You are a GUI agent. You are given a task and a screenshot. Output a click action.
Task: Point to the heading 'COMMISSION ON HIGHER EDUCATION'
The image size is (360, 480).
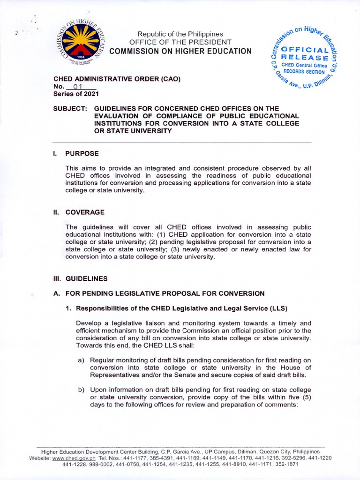(180, 51)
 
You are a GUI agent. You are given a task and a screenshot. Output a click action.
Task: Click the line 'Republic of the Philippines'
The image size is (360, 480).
(180, 34)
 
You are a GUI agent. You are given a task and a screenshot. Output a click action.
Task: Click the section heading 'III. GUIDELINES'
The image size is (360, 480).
(80, 278)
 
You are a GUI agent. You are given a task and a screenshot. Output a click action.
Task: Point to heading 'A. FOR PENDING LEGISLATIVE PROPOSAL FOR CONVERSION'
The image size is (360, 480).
(159, 293)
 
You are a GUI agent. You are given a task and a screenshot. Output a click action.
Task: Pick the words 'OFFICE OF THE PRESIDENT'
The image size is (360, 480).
(180, 42)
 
